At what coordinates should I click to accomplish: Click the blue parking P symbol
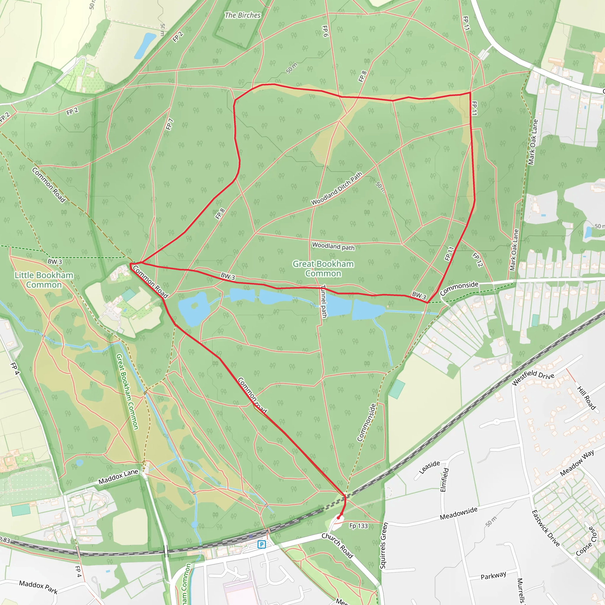261,544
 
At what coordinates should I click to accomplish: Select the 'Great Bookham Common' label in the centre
323,269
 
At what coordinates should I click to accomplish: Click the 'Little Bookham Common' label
44,280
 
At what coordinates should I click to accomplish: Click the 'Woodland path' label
333,246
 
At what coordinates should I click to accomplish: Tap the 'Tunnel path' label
324,301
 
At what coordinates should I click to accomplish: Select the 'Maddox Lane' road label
118,476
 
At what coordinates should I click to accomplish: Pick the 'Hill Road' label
586,398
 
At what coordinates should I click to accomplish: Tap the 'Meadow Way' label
577,463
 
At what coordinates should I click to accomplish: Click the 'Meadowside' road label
458,513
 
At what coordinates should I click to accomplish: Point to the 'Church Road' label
337,546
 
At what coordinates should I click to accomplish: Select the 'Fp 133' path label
359,526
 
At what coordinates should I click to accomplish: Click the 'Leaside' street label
429,467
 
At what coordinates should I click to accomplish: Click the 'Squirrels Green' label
384,546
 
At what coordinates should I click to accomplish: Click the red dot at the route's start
338,518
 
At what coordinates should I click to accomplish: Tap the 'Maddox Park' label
38,587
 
